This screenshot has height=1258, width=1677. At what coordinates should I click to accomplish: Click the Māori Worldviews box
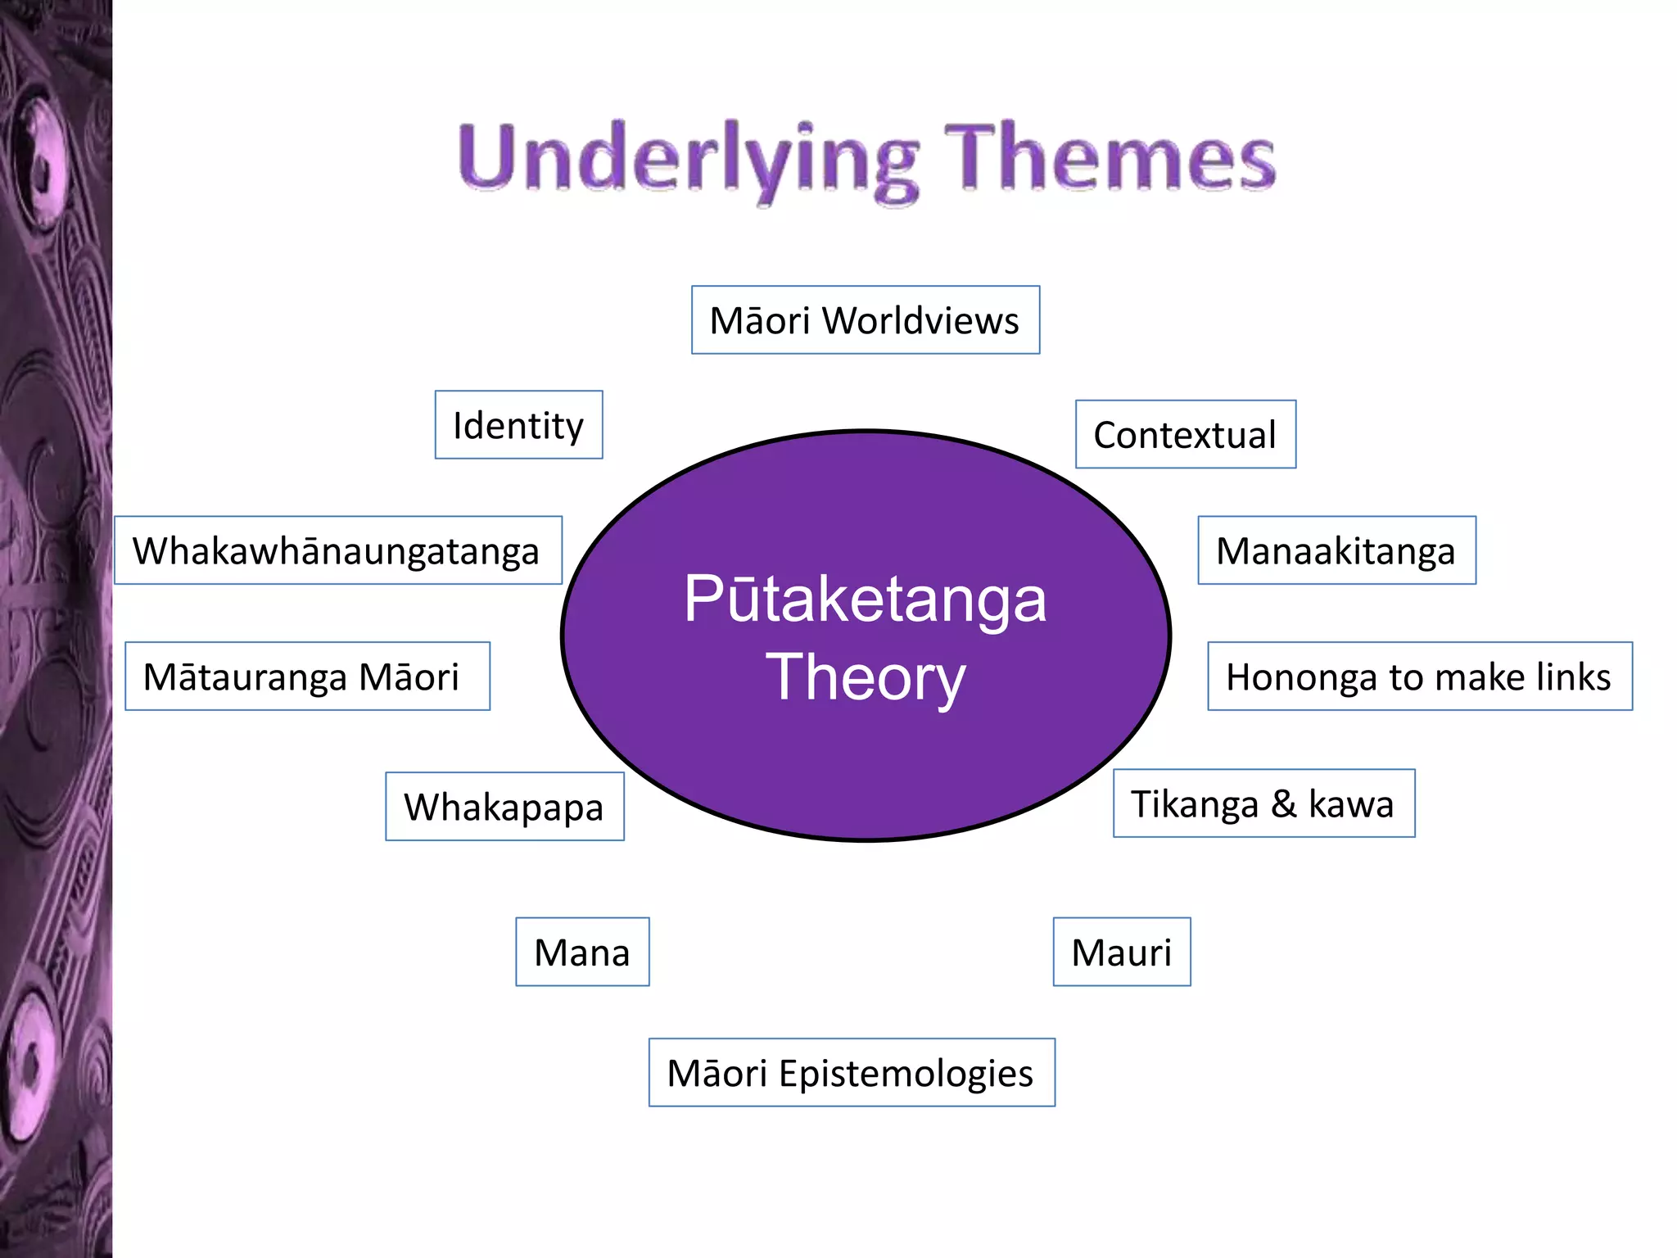tap(866, 320)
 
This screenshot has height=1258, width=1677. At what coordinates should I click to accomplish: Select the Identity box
tap(518, 425)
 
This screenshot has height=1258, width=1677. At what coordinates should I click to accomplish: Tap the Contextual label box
tap(1185, 435)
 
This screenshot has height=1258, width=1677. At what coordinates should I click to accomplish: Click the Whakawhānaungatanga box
tap(337, 550)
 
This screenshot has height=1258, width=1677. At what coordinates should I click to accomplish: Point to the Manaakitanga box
tap(1336, 550)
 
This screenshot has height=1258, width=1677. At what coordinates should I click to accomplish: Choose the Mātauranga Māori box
tap(307, 677)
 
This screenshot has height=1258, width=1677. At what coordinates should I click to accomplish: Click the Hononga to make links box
tap(1419, 677)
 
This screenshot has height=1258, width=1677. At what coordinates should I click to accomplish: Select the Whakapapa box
tap(504, 807)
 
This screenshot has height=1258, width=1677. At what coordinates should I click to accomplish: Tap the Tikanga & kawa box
tap(1263, 803)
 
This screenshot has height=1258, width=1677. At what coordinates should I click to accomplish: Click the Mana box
tap(582, 952)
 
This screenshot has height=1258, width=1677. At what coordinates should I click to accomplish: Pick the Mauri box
tap(1122, 952)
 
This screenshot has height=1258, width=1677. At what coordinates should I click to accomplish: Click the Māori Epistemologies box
tap(852, 1073)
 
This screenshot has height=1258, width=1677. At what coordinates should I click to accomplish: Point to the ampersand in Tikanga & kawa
tap(1283, 803)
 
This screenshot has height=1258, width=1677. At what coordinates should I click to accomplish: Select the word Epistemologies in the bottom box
tap(906, 1073)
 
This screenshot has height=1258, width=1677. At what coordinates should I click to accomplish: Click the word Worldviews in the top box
tap(921, 320)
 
